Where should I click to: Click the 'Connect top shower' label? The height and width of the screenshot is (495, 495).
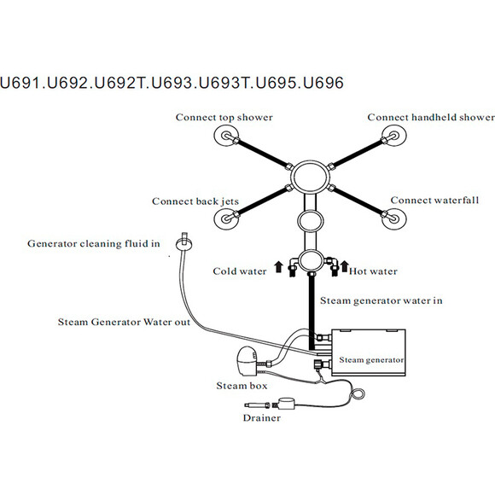click(224, 118)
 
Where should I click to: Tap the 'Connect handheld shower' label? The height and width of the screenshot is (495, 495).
click(431, 118)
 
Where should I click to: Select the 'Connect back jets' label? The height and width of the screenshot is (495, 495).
click(195, 201)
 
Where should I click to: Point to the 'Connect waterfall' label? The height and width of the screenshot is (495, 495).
click(434, 201)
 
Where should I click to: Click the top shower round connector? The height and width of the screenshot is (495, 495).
click(226, 136)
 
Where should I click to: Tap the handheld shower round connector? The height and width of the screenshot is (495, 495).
click(394, 136)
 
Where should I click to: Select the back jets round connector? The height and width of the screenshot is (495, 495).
click(226, 218)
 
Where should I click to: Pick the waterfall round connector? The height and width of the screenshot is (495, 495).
click(394, 218)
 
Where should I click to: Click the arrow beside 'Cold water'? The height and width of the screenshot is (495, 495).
click(278, 267)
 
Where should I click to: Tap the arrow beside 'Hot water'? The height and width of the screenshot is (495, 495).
click(345, 267)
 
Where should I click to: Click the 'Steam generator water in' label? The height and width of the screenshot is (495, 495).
click(381, 301)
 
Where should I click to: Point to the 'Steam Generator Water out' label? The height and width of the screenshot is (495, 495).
click(124, 322)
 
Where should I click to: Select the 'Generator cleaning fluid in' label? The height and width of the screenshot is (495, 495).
click(93, 244)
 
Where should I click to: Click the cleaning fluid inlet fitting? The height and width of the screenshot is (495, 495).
click(184, 242)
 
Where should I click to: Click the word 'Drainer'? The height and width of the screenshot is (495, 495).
click(262, 418)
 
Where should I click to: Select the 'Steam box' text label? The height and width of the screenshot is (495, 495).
click(242, 386)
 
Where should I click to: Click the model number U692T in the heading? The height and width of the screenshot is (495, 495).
click(119, 83)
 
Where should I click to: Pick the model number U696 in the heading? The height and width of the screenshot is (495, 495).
click(323, 83)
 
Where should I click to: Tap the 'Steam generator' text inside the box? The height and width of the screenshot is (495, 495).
click(371, 360)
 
